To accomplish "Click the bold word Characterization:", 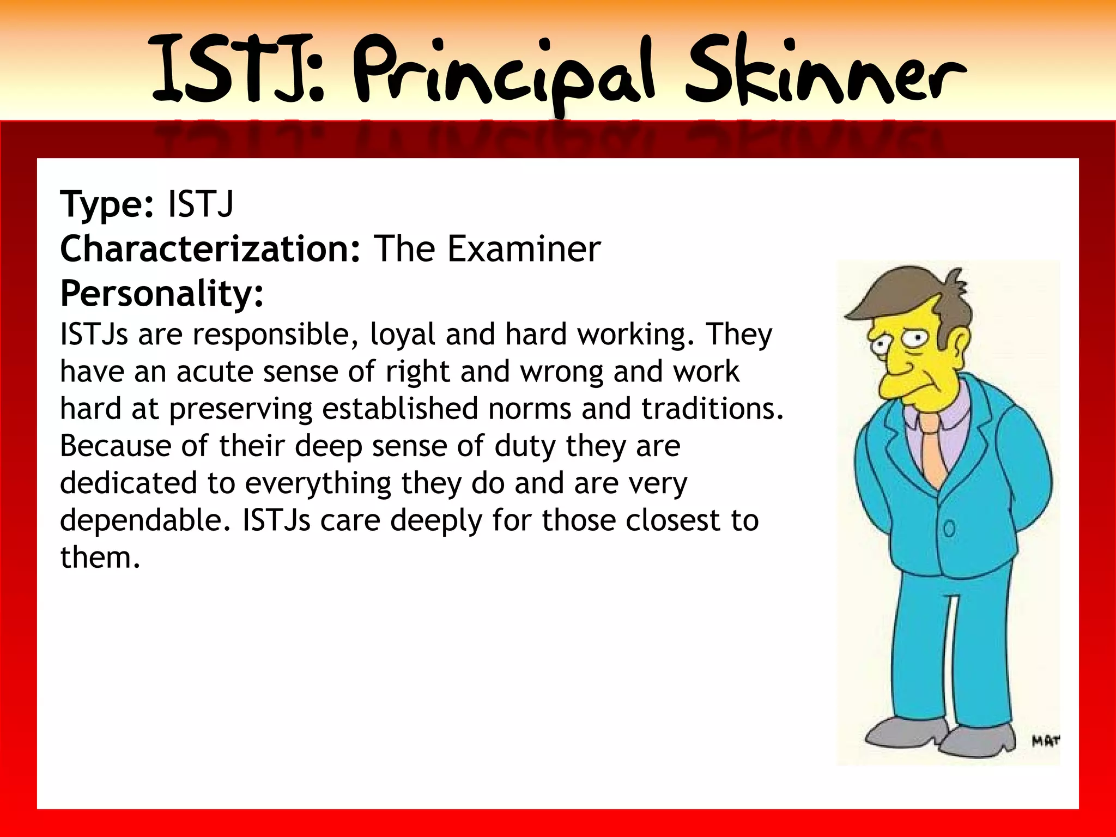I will pyautogui.click(x=210, y=249).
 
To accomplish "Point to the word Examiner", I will pyautogui.click(x=524, y=249).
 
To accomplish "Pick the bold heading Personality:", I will pyautogui.click(x=162, y=294).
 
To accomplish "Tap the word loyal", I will pyautogui.click(x=402, y=335).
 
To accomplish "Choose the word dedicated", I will pyautogui.click(x=129, y=483).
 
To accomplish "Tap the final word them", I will pyautogui.click(x=100, y=557).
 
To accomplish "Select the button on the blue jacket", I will pyautogui.click(x=949, y=528).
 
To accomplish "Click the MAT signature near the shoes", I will pyautogui.click(x=1045, y=741).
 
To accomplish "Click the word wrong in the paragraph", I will pyautogui.click(x=561, y=372).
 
